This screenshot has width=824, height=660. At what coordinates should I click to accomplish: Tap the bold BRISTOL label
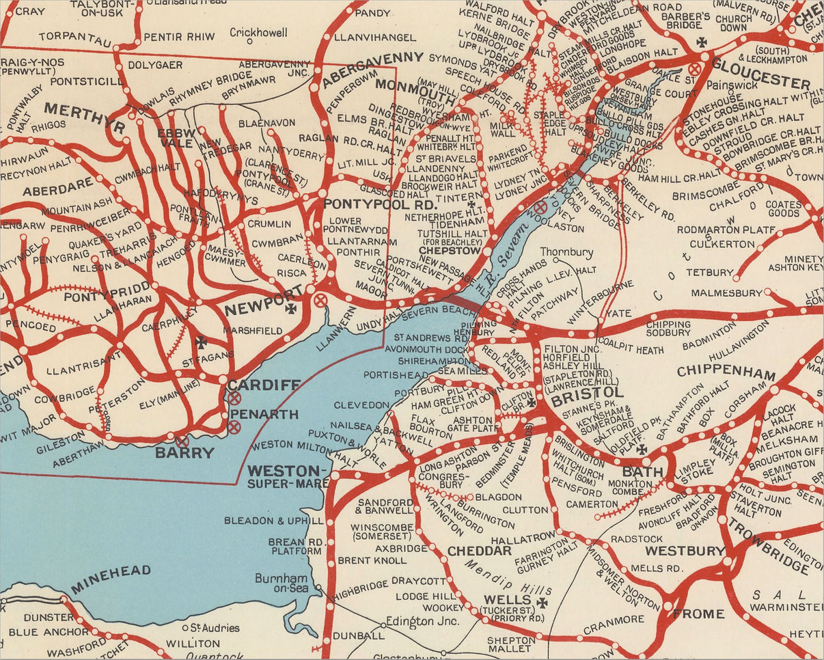[588, 394]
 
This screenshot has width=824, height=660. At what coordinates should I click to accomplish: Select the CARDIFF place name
[264, 385]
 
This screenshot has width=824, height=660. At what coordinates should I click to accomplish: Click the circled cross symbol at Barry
[182, 442]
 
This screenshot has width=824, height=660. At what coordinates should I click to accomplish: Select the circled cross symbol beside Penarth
[234, 427]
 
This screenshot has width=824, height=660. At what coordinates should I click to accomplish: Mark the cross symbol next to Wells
[543, 603]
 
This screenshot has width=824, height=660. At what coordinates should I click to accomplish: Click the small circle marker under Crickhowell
[250, 41]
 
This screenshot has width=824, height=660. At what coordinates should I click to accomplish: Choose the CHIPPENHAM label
[726, 373]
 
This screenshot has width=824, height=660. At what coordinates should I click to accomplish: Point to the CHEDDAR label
[479, 551]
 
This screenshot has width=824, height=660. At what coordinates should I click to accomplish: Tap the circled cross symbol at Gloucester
[695, 68]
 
